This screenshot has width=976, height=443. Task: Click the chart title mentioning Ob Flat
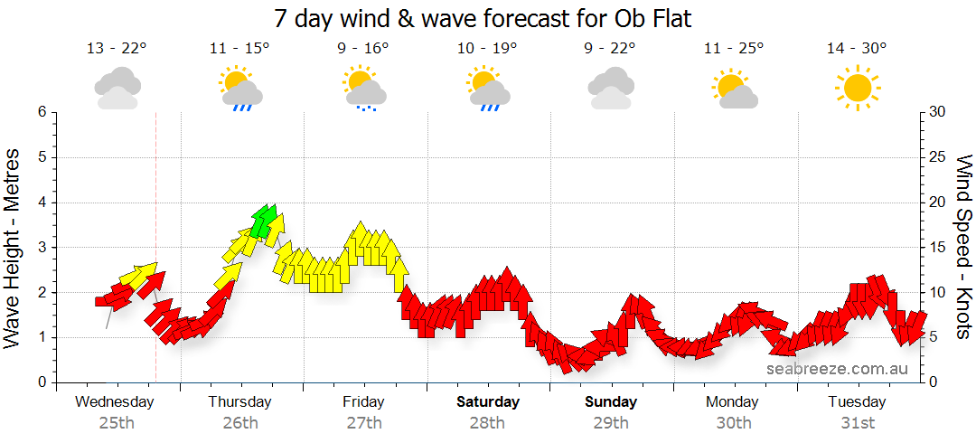[488, 18]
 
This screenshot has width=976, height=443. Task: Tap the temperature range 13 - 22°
[117, 49]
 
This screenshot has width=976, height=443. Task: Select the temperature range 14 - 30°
[856, 49]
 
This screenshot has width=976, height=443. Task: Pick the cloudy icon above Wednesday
[117, 89]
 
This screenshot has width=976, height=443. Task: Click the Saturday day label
[488, 402]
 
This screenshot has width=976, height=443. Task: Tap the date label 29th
[611, 423]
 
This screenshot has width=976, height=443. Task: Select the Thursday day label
[239, 402]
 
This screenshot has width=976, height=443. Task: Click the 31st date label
[858, 423]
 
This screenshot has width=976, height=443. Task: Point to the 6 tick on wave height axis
[41, 112]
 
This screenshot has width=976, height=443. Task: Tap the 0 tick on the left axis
[41, 382]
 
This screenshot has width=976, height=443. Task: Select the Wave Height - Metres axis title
[14, 248]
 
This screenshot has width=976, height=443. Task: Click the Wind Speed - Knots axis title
[963, 248]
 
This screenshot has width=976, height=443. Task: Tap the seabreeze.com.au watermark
[837, 369]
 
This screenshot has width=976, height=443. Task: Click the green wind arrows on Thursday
[264, 220]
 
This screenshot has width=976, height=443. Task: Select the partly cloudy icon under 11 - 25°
[734, 90]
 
